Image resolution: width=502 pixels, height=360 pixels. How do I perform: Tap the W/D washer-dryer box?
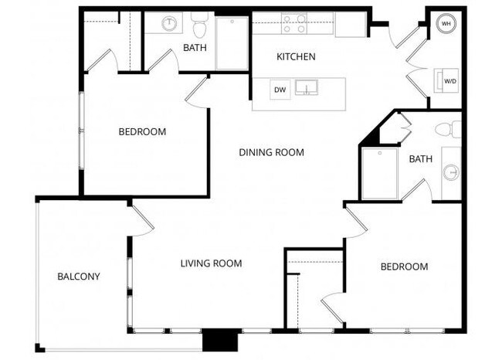click(449, 80)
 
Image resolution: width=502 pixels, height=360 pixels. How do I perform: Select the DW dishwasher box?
click(280, 90)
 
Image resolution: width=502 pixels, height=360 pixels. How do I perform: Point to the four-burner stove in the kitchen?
click(293, 23)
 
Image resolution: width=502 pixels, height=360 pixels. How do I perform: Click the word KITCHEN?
click(296, 57)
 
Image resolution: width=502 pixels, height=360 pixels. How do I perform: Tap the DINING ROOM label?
click(271, 152)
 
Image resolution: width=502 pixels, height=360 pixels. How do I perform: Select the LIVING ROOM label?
click(211, 263)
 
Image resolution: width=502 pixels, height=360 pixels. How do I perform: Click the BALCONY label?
click(79, 277)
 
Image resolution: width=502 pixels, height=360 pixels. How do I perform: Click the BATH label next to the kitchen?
click(195, 48)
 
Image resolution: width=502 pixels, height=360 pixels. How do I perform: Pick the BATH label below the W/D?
click(420, 159)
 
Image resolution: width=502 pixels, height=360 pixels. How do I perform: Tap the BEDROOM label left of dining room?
click(142, 132)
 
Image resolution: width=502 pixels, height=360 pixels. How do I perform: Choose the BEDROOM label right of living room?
click(404, 267)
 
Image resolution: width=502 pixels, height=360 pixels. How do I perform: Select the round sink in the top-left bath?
click(170, 24)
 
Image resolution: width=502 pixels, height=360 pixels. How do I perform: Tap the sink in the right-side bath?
click(451, 172)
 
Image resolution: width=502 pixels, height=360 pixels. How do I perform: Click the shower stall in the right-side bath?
click(380, 173)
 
